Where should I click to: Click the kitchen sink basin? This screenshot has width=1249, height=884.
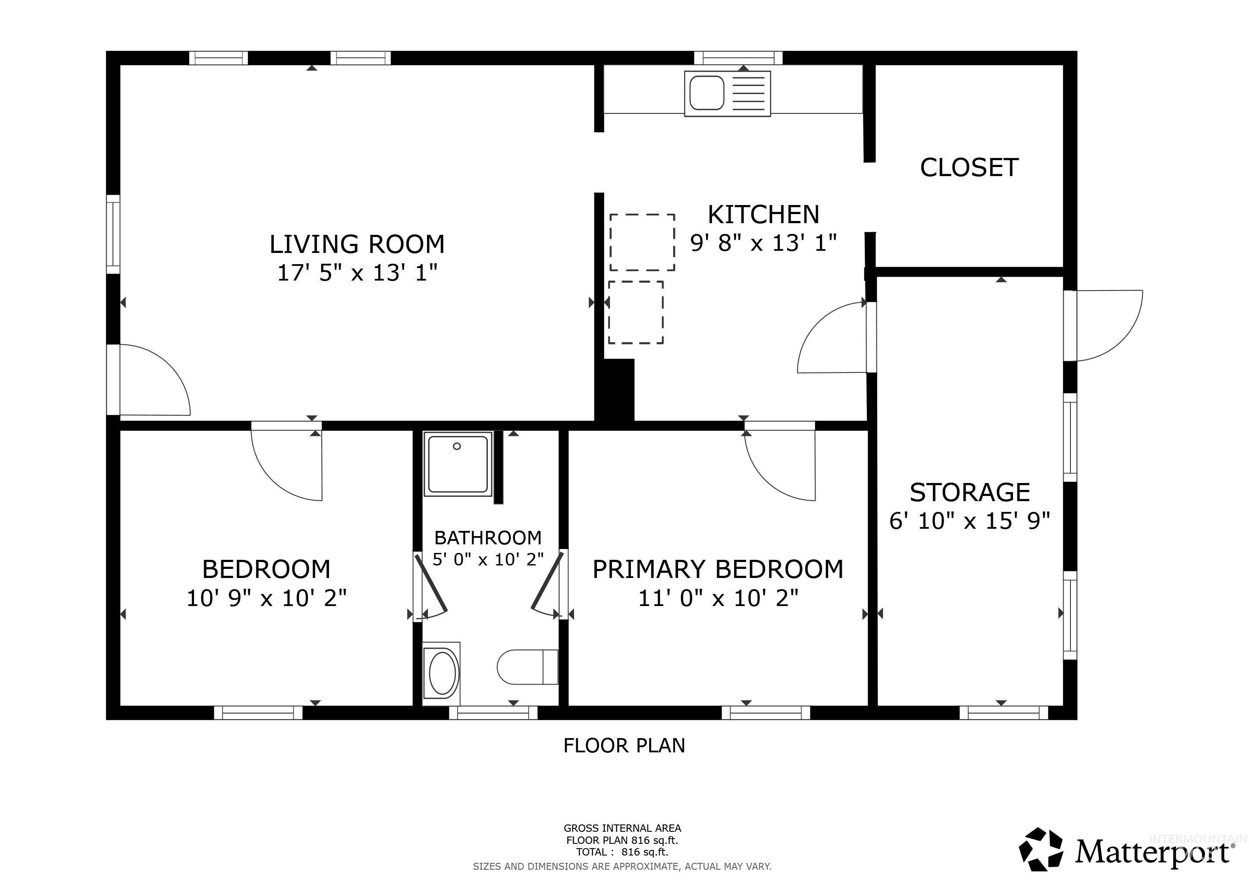click(x=706, y=93)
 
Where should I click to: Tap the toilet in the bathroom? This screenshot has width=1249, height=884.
click(x=527, y=667)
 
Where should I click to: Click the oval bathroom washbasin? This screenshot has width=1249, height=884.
click(x=442, y=674)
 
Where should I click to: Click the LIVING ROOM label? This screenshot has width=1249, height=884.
click(x=357, y=244)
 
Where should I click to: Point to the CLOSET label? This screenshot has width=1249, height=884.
click(x=969, y=167)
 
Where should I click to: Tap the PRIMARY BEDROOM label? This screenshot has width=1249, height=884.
click(x=718, y=569)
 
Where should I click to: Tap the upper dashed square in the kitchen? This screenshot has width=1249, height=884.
click(x=642, y=242)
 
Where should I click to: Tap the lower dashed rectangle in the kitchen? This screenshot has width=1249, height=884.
click(x=635, y=313)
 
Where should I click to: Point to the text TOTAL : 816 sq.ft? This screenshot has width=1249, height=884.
click(x=622, y=852)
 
